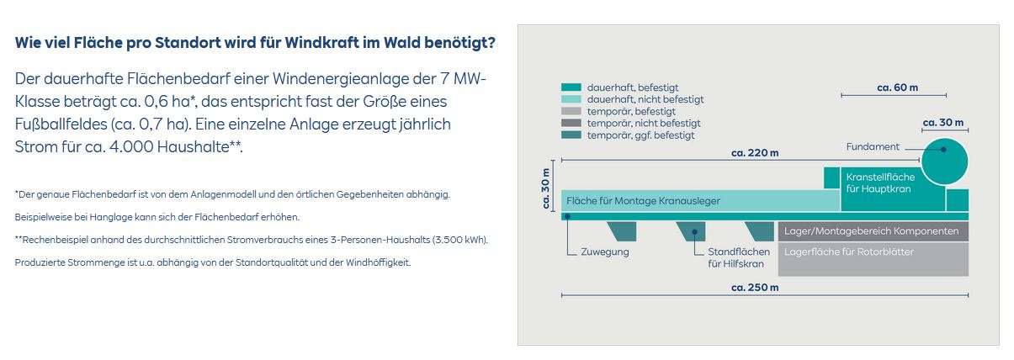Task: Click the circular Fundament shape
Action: coord(944,161)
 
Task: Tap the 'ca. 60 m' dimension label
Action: coord(897,87)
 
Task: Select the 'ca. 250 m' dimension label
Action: coord(755,287)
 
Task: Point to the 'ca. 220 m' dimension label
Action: coord(755,153)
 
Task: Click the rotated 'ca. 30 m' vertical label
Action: coord(546,188)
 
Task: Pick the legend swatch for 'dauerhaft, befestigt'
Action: coord(571,87)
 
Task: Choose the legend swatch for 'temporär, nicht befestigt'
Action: coord(571,123)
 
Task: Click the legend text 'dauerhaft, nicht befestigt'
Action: coord(645,99)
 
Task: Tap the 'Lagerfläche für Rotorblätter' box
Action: coord(873,260)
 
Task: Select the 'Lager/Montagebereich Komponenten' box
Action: coord(873,231)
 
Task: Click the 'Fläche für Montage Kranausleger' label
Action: coord(643,201)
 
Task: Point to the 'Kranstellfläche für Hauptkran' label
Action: coord(880,183)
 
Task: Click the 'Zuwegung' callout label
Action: coord(605,251)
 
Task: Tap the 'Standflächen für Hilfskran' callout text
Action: coord(738,257)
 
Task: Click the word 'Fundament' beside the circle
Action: coord(873,146)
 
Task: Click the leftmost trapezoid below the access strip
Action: coord(623,231)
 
